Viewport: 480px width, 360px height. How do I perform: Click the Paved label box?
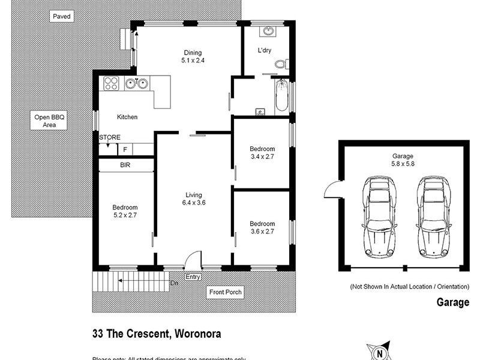click(62, 17)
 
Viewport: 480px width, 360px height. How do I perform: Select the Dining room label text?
click(193, 56)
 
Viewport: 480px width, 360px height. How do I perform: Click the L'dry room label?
click(265, 50)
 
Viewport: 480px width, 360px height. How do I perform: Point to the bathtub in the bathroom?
click(281, 98)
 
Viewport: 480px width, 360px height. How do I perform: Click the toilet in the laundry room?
click(282, 64)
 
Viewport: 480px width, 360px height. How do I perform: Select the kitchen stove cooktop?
click(110, 84)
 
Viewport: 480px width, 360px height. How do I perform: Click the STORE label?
click(110, 137)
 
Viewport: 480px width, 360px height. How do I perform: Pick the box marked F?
click(125, 149)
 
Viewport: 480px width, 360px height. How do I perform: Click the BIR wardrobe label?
click(125, 164)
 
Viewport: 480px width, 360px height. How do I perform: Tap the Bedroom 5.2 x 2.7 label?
click(125, 211)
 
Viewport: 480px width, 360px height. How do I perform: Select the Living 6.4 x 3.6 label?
click(193, 199)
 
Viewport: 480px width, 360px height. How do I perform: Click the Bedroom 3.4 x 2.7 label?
click(262, 153)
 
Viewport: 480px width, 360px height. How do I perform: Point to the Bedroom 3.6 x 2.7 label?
click(262, 228)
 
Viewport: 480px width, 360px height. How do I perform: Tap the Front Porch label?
click(226, 292)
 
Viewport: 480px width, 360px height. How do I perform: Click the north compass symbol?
click(379, 352)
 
